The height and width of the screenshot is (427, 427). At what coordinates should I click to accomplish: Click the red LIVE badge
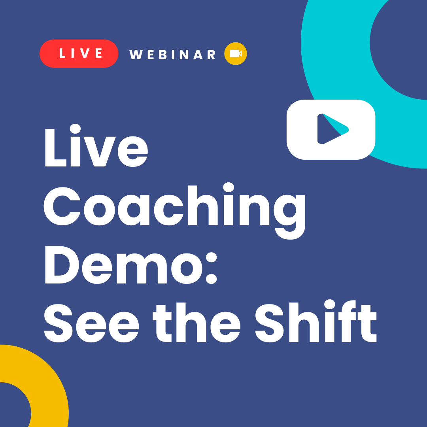(79, 53)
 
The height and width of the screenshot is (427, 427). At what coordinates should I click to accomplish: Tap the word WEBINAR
(173, 55)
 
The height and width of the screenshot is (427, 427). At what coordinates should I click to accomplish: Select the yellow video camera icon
(236, 53)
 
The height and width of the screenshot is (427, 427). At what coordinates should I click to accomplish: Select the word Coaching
(174, 208)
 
